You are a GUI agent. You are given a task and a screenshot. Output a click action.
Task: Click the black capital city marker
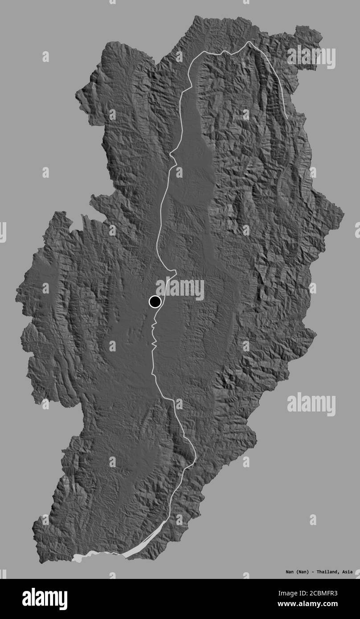(155, 302)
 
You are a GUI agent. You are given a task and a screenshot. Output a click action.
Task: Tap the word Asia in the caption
(348, 571)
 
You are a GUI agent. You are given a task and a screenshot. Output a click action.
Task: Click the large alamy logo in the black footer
(45, 599)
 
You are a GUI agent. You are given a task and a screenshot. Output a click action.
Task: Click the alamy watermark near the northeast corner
(311, 57)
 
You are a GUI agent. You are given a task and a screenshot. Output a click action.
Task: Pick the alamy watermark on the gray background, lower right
(311, 404)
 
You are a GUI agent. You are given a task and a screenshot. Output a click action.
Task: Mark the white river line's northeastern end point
(286, 118)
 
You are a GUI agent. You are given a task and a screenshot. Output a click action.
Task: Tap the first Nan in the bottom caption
(290, 571)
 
